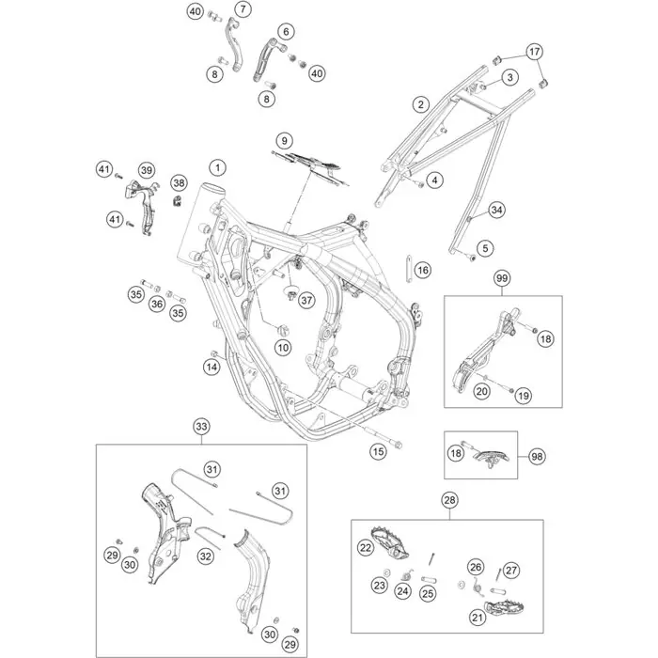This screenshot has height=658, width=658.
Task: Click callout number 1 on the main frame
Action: pos(217,167)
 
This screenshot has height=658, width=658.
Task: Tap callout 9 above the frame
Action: pos(281,140)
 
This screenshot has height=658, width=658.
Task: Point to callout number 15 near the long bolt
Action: pos(377,452)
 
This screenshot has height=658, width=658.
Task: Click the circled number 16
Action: pos(422,271)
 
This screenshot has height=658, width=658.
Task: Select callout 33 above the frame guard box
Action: pos(200,427)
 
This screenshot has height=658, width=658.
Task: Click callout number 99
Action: pos(502,278)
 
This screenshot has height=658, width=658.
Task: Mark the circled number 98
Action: pos(537,456)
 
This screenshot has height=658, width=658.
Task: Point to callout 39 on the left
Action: pos(146,169)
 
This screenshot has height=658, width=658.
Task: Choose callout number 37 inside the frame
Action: pos(291,298)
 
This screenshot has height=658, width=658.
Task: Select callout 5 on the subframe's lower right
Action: pos(485,248)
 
